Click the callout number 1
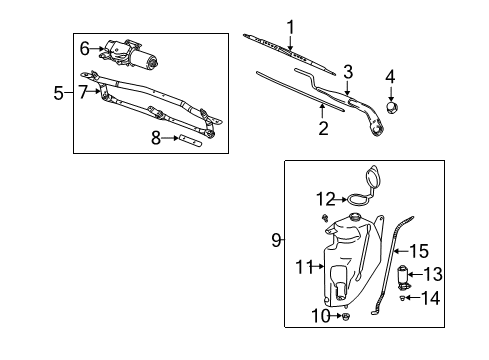pos(291,26)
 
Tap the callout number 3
pos(348,70)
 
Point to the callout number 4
pos(390,76)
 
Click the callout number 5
pos(58,94)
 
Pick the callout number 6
pos(85,46)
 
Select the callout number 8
pos(155,139)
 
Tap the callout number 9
pos(275,240)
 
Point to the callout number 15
pos(421,252)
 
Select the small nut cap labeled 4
pos(392,104)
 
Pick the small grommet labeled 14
pos(405,297)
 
